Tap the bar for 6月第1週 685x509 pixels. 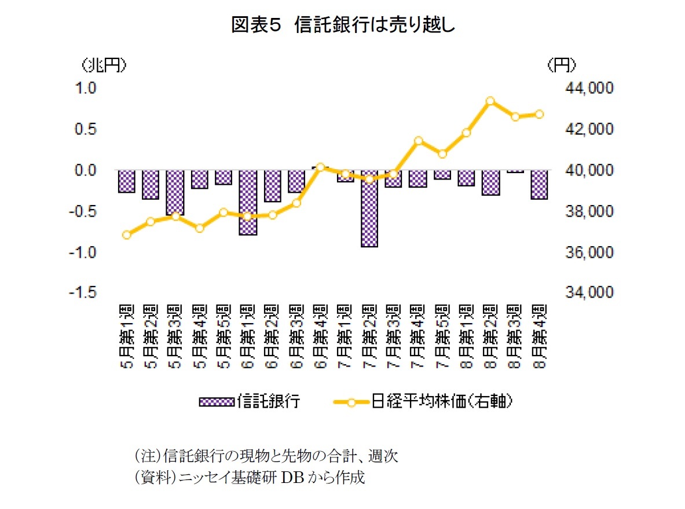[x=248, y=203]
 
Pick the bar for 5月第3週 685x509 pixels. [x=175, y=193]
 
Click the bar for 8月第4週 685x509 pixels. [x=539, y=185]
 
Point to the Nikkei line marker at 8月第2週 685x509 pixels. [x=490, y=101]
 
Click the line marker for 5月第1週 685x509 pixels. [x=127, y=235]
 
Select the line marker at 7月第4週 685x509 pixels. [x=418, y=141]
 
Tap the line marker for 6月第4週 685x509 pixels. [x=321, y=167]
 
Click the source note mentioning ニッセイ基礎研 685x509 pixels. [x=249, y=478]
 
